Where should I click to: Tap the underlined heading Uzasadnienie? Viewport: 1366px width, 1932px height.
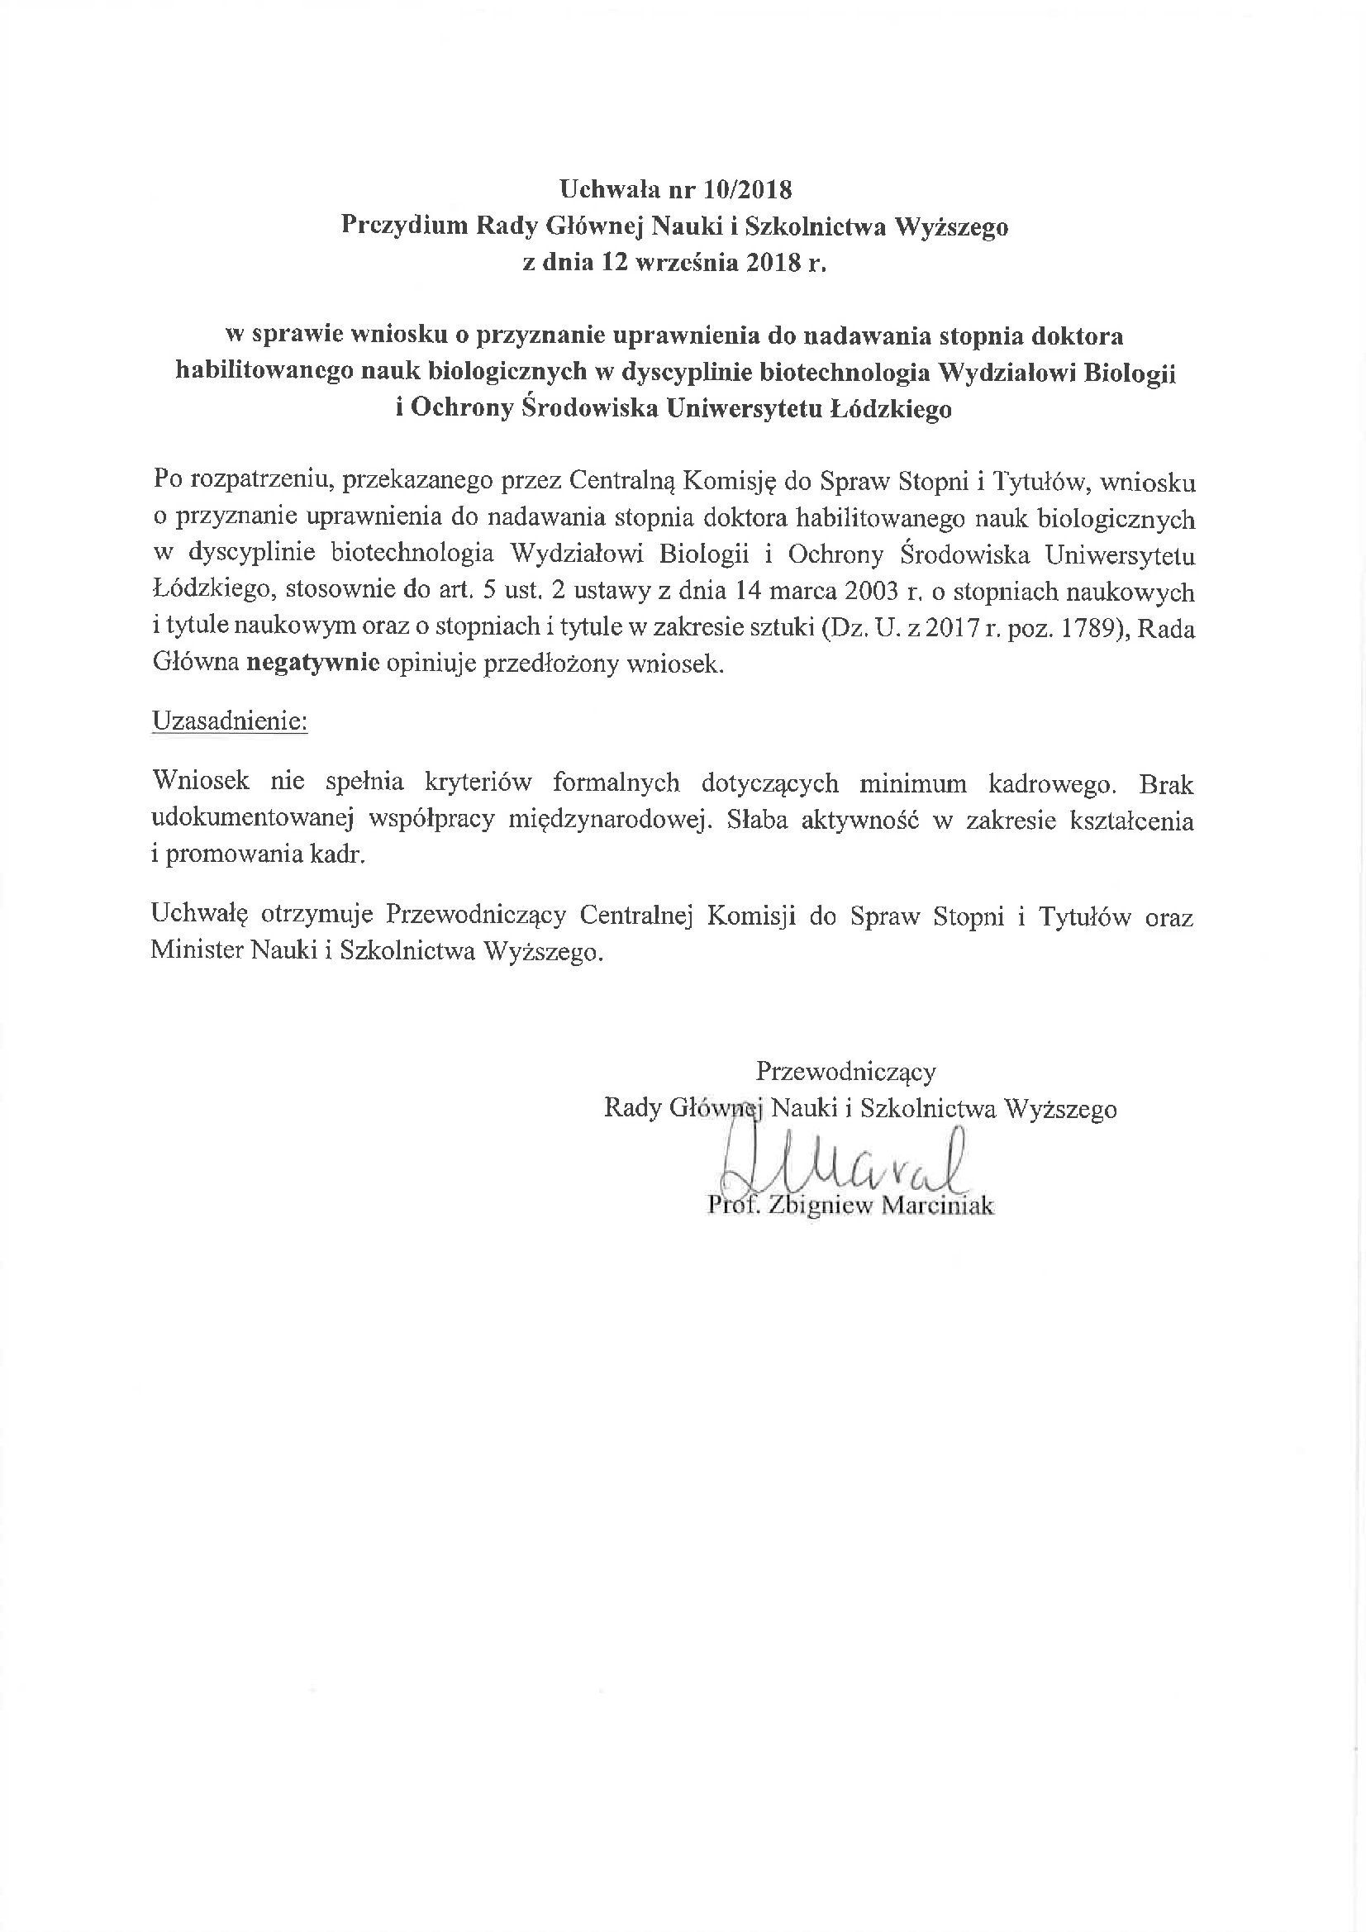point(230,721)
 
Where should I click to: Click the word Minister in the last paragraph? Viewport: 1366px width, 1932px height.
point(197,952)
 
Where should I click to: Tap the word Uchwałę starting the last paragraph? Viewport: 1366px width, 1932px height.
point(199,916)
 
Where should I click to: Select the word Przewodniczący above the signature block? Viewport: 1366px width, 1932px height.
point(846,1072)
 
